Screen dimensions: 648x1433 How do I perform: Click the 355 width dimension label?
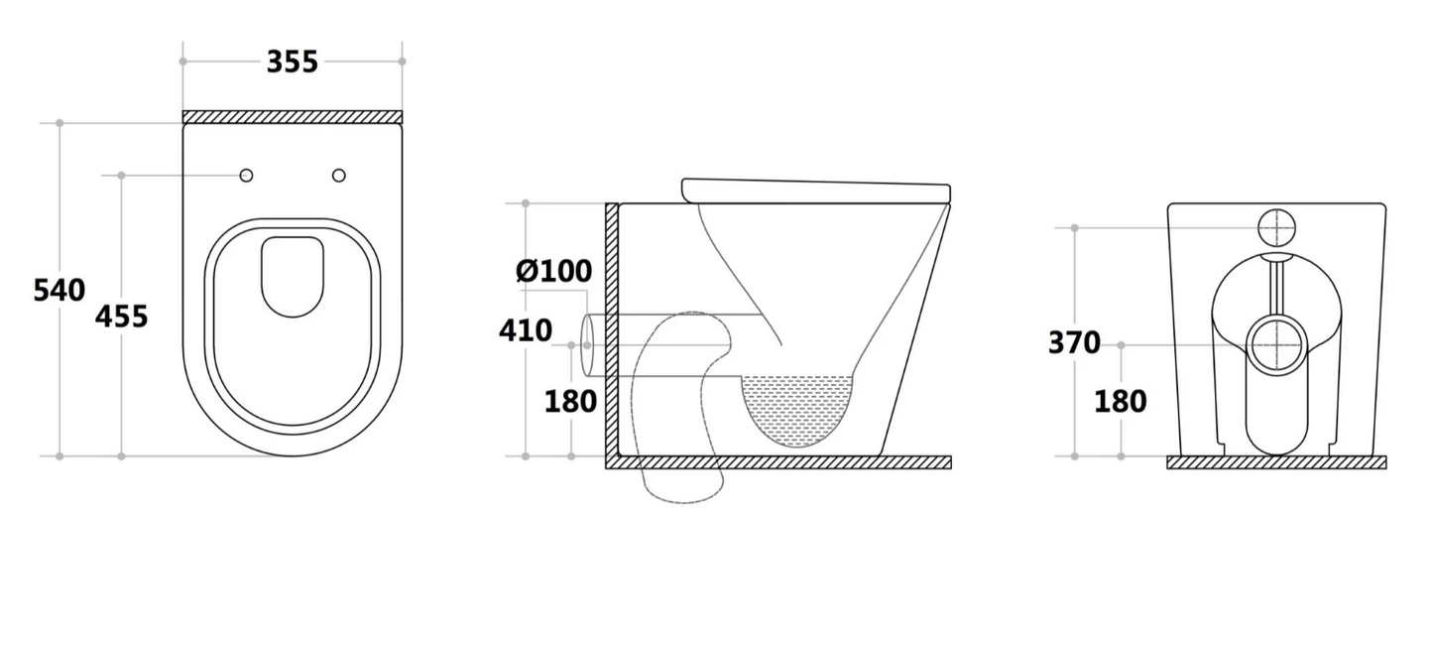click(293, 62)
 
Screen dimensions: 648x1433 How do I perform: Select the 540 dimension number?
click(60, 291)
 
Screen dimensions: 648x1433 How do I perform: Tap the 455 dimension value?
click(121, 317)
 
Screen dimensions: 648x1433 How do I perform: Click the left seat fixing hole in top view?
click(246, 176)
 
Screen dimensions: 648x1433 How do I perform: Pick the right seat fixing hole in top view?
click(339, 176)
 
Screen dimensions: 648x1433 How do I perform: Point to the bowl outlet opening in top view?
click(293, 276)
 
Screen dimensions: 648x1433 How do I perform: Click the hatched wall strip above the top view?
click(293, 117)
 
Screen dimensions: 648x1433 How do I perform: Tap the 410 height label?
click(525, 330)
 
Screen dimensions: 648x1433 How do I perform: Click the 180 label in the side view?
click(570, 402)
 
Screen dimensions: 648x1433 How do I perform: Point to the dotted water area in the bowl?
click(798, 407)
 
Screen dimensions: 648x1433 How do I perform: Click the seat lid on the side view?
click(815, 191)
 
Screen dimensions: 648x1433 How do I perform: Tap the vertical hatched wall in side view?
click(612, 327)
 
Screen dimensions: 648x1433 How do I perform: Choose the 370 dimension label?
click(1074, 343)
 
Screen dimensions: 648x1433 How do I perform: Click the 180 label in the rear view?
click(1120, 402)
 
